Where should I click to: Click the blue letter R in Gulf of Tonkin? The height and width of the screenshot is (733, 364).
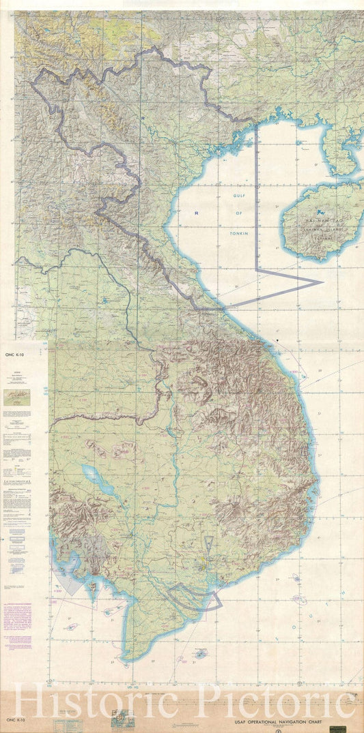click(196, 213)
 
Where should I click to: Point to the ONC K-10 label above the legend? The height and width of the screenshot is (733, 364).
click(14, 355)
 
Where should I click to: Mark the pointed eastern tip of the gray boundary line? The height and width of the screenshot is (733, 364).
click(321, 281)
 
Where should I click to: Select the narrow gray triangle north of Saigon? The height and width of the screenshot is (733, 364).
click(209, 545)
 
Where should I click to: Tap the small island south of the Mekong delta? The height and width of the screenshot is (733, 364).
click(199, 653)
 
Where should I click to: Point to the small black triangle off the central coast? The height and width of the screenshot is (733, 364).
click(278, 339)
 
